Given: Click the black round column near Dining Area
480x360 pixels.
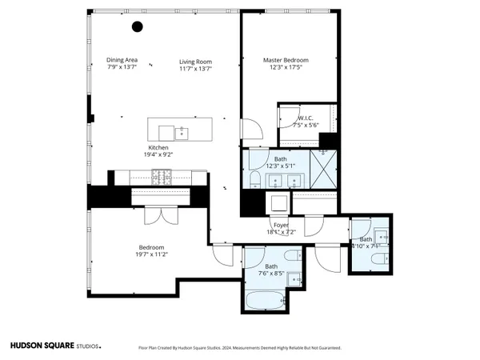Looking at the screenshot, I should tap(137, 26).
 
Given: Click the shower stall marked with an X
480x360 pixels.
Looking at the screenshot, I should tap(324, 170).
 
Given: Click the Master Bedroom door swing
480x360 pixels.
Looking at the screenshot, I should tap(249, 126).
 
